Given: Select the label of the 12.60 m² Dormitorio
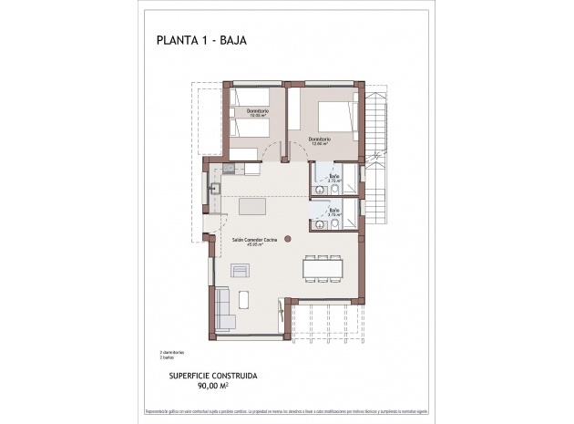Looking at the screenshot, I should point(319,140).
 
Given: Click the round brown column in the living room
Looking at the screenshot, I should point(287,239).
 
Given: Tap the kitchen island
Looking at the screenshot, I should point(258,207).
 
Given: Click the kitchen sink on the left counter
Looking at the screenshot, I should point(217,190).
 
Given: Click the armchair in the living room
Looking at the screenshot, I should point(239,270).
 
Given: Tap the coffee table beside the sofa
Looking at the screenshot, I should point(243,299).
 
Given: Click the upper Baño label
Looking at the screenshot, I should point(334,177).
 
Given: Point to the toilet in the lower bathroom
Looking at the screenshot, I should point(335,223).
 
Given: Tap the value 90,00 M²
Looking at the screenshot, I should point(213,386).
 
